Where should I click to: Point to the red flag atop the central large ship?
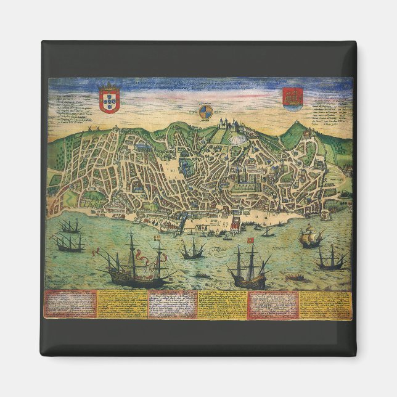tap(251, 240)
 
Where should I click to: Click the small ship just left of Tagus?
tap(192, 250)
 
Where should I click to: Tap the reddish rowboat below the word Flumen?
tap(296, 278)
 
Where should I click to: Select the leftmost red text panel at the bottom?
tap(70, 304)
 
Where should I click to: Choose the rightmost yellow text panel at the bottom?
tap(325, 304)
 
